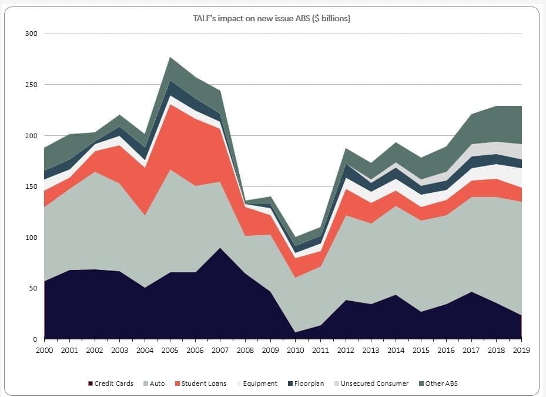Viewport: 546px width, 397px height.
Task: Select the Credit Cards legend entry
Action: [114, 383]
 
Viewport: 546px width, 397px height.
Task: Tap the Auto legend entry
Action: [157, 383]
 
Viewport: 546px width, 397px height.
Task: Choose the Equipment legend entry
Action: [260, 383]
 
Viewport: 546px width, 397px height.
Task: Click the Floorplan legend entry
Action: [309, 383]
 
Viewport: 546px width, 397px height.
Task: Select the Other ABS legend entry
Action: [441, 383]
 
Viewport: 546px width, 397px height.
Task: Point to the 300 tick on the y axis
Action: [32, 34]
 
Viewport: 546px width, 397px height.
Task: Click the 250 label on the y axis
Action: [32, 85]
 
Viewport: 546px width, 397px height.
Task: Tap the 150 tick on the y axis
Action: [32, 186]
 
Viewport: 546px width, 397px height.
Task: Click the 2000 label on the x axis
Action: [45, 350]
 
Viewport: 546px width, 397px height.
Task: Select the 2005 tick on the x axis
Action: [170, 350]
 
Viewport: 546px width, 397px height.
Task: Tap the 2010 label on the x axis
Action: [296, 350]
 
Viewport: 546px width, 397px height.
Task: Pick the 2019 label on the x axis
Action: [521, 350]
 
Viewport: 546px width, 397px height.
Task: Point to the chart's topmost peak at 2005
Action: [170, 58]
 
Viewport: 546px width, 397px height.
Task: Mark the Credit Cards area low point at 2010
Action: [296, 332]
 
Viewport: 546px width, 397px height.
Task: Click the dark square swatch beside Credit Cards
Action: [90, 384]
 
